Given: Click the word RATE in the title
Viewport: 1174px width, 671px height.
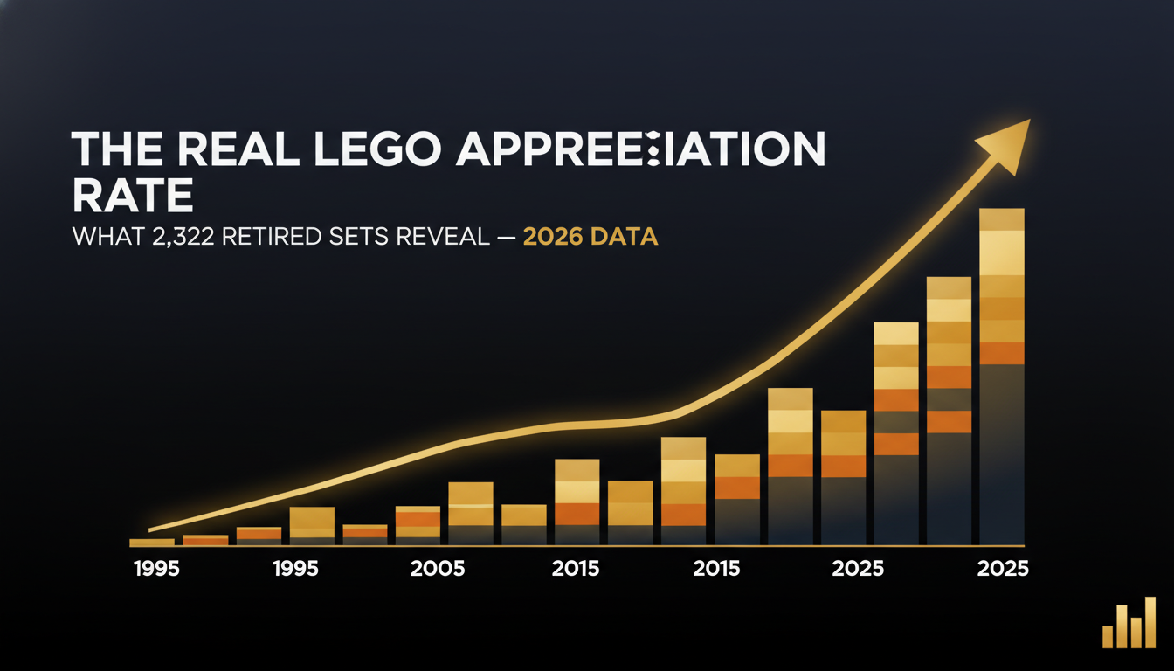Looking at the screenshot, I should coord(132,197).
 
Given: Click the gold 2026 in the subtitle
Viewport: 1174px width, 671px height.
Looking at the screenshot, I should coord(554,237).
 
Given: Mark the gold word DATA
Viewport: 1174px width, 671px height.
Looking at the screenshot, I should coord(625,237).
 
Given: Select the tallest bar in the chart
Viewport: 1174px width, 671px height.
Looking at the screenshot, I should coord(1001,376).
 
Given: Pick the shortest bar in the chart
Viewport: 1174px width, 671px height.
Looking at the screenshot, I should coord(152,543).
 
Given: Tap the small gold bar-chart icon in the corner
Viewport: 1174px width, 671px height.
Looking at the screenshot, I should coord(1129,624).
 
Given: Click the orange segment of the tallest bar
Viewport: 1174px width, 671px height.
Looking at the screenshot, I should coord(1001,353).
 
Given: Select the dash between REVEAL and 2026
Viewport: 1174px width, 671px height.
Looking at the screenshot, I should coord(505,237).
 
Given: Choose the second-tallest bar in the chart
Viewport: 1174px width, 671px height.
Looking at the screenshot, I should coord(949,411).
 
